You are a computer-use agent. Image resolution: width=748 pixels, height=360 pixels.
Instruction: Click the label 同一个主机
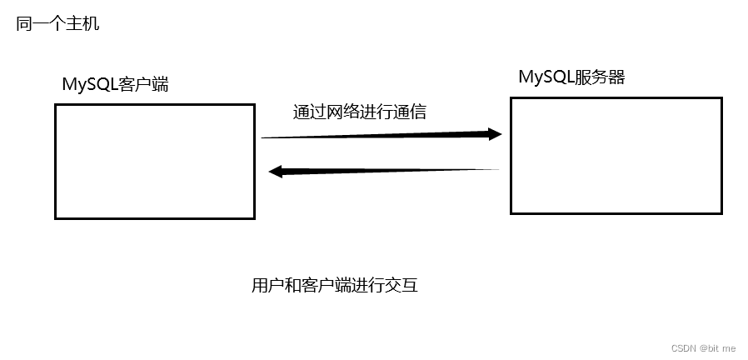click(57, 23)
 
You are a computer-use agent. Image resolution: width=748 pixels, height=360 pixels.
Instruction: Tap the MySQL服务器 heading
click(571, 77)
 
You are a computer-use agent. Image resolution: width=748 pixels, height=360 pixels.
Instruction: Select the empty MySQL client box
click(154, 161)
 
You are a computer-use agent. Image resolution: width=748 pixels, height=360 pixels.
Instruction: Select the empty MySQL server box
click(616, 155)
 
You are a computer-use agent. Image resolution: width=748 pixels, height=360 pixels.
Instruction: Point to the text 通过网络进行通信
click(359, 112)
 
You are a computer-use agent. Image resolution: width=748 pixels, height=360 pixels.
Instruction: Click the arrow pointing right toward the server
click(379, 135)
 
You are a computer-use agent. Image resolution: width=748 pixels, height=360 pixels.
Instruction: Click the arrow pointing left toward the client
click(383, 172)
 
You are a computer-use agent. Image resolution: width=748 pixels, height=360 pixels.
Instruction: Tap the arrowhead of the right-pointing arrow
click(495, 133)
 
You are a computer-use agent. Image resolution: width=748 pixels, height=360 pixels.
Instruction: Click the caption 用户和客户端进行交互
click(334, 286)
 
